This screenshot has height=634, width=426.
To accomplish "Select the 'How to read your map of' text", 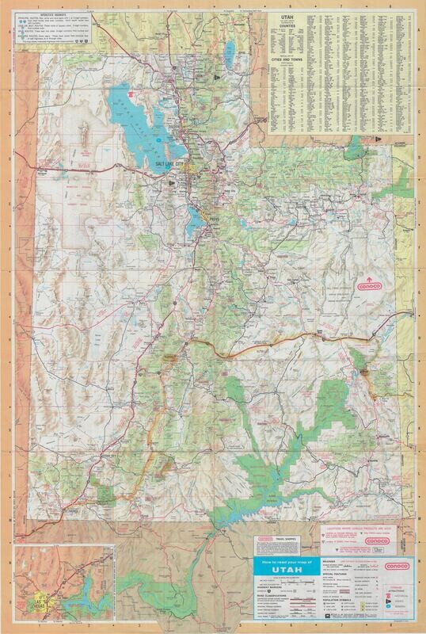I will tap(282, 560).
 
